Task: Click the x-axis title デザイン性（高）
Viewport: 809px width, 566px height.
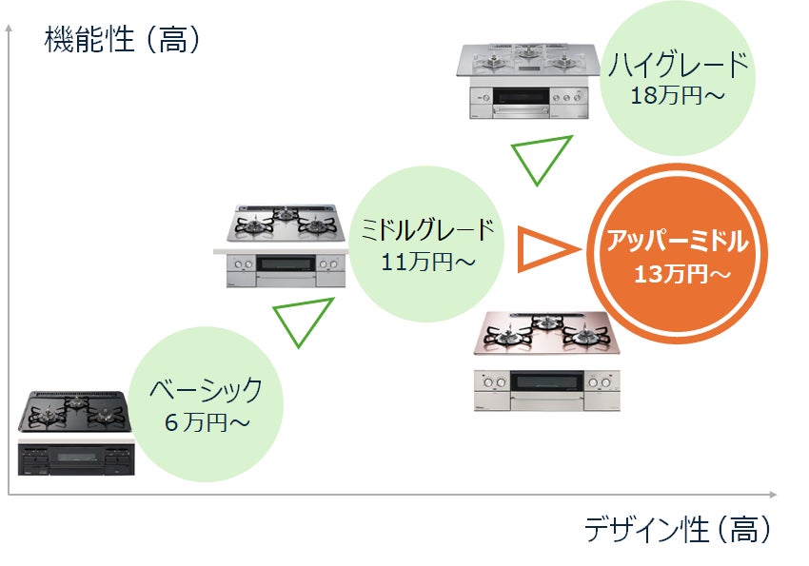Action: click(677, 529)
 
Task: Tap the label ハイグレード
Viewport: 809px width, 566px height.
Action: click(679, 68)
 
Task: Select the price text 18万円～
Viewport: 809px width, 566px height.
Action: click(679, 95)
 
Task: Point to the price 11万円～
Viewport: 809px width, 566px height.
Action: click(428, 261)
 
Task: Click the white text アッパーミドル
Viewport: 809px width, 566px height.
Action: click(679, 241)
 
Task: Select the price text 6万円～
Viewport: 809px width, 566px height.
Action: click(205, 420)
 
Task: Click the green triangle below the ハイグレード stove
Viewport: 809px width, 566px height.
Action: click(541, 157)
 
